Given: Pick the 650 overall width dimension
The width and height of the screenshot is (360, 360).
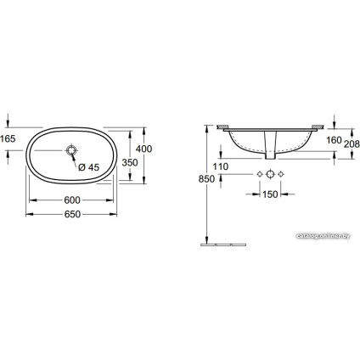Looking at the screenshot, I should click(73, 214).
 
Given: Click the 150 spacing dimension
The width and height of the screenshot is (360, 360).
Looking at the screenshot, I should click(271, 195).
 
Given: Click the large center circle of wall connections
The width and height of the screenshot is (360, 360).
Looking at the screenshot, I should click(271, 175).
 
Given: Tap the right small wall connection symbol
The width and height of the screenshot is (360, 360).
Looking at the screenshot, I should click(284, 175).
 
